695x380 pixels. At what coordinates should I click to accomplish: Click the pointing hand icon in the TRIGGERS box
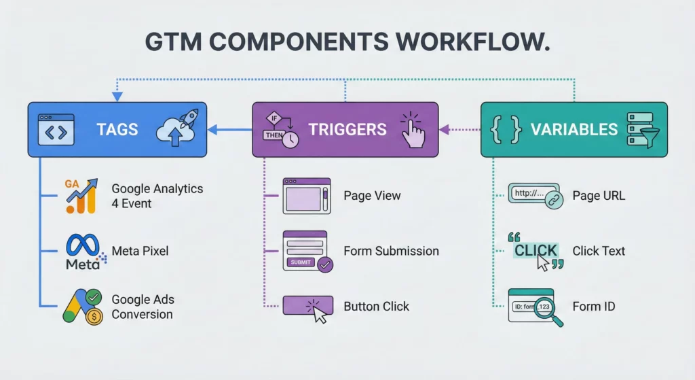point(411,129)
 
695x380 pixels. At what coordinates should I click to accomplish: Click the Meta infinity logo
point(83,251)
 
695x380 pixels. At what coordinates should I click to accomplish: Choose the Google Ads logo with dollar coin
point(83,306)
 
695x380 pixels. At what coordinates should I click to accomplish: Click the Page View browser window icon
point(307,196)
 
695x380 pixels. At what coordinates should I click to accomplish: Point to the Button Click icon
point(308,307)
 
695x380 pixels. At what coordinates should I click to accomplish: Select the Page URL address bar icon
point(536,196)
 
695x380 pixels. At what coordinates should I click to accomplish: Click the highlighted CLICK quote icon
point(536,252)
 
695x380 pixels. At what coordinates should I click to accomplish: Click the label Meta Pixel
point(140,251)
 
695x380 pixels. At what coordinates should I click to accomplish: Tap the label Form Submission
point(391,251)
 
